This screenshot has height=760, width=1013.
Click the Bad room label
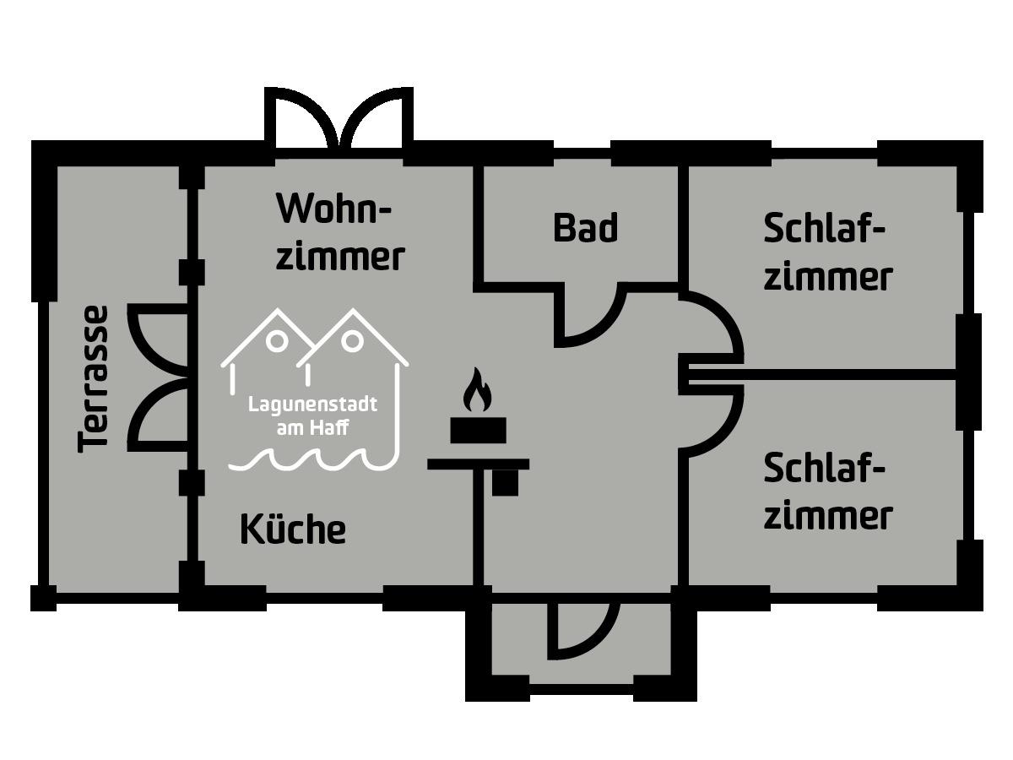[x=585, y=228]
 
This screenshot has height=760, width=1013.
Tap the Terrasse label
[x=93, y=378]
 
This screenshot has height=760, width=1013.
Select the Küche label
[x=293, y=529]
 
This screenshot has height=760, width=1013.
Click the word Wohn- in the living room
[x=335, y=209]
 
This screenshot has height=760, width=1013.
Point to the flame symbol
[x=478, y=390]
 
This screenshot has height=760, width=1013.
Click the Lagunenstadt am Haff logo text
[x=312, y=415]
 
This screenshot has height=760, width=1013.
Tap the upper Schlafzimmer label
[x=826, y=252]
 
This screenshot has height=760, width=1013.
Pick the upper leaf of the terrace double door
[x=156, y=338]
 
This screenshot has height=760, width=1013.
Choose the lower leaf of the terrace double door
[x=156, y=414]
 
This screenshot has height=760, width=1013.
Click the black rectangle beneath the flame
[x=478, y=430]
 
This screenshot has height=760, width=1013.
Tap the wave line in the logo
[x=312, y=460]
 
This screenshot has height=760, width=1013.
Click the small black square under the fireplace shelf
[x=505, y=483]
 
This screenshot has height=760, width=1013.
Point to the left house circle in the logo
[x=276, y=341]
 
